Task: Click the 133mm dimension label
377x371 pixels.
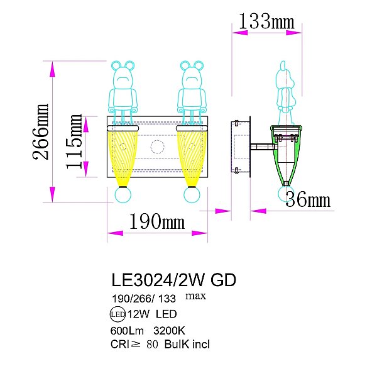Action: [x=263, y=21]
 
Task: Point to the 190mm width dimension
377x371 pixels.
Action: [x=156, y=221]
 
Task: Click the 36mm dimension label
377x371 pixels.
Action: [x=307, y=200]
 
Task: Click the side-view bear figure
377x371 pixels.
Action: [x=285, y=88]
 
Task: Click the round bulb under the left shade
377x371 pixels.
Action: [x=123, y=196]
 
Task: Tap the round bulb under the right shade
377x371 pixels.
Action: [x=191, y=196]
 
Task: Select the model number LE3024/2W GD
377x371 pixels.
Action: [x=173, y=280]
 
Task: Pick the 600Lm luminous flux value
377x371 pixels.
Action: [x=128, y=329]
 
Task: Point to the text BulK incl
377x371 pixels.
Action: [x=187, y=344]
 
